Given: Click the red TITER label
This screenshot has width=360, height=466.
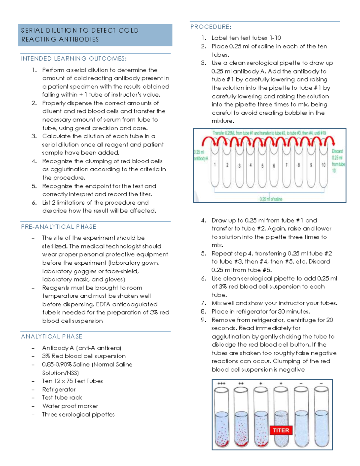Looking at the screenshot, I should pyautogui.click(x=281, y=430).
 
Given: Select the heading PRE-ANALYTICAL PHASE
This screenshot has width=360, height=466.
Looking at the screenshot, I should pyautogui.click(x=58, y=227).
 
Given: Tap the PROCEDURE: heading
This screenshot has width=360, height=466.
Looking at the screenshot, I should pyautogui.click(x=211, y=27).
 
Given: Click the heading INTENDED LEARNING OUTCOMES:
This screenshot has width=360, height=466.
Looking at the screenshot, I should pyautogui.click(x=74, y=59).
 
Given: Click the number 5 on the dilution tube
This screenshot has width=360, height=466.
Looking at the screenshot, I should pyautogui.click(x=262, y=166).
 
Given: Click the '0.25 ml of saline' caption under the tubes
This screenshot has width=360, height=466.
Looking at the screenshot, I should pyautogui.click(x=271, y=199).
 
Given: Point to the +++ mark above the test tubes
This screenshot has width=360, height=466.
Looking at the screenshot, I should pyautogui.click(x=221, y=383).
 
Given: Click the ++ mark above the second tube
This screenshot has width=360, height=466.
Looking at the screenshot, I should pyautogui.click(x=241, y=383).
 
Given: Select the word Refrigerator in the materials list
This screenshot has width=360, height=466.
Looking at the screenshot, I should pyautogui.click(x=59, y=389).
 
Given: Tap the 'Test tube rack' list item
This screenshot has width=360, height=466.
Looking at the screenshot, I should pyautogui.click(x=62, y=398).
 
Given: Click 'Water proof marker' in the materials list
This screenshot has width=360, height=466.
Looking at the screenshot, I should pyautogui.click(x=70, y=406).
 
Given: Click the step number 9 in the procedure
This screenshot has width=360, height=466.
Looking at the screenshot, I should pyautogui.click(x=203, y=320).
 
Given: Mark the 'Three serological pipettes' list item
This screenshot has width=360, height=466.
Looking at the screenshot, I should pyautogui.click(x=78, y=414).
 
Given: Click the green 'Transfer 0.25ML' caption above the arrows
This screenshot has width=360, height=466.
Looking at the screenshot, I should pyautogui.click(x=269, y=133).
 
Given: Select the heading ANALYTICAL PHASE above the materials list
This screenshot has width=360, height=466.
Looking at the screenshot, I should pyautogui.click(x=52, y=337).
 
